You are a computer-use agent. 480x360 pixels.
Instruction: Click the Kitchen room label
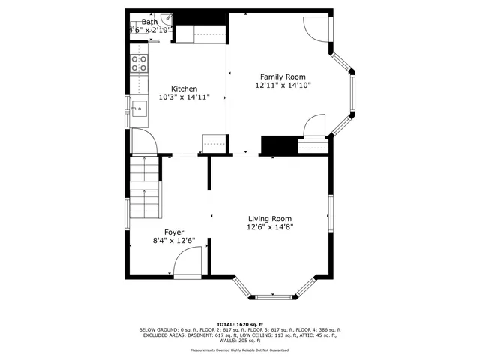click(184, 88)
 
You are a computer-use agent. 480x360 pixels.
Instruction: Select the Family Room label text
click(283, 76)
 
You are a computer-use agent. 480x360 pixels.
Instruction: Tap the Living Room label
click(270, 218)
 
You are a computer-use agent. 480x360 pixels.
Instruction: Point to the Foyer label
click(173, 232)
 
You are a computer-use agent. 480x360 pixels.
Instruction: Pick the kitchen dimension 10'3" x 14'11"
click(184, 97)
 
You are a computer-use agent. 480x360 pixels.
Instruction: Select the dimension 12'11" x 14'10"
click(283, 85)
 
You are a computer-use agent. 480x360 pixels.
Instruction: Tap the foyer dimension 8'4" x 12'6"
click(173, 241)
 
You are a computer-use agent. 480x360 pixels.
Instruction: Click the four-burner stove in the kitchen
click(139, 63)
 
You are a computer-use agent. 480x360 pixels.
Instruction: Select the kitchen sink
click(138, 109)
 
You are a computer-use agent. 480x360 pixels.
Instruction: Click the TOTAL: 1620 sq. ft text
click(239, 324)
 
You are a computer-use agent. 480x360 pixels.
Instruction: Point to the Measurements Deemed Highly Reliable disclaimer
click(239, 349)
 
